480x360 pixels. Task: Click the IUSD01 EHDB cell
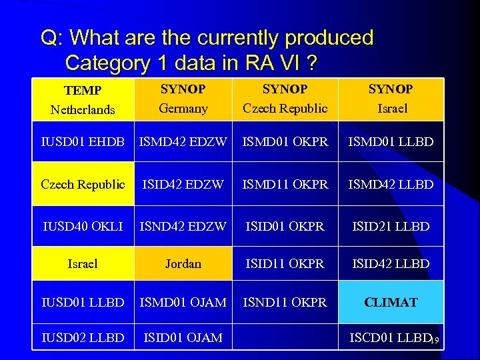coord(83,141)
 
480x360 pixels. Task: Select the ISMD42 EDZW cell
coord(183,141)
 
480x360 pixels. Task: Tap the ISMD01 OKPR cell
coord(285,141)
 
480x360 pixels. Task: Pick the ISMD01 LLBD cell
coord(391,141)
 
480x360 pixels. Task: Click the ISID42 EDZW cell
coord(183,184)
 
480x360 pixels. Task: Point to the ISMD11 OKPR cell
coord(285,184)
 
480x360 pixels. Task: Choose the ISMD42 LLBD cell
coord(391,184)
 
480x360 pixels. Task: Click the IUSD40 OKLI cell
coord(83,227)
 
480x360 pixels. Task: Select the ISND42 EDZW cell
coord(183,227)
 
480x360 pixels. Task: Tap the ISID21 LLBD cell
coord(391,227)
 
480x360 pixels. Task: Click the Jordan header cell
coord(183,264)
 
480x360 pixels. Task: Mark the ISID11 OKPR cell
coord(285,264)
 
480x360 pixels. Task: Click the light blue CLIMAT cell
coord(391,302)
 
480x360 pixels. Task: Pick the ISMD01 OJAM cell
coord(183,302)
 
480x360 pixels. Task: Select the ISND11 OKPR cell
coord(285,302)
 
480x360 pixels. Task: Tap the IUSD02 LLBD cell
coord(83,338)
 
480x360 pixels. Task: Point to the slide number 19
coord(433,341)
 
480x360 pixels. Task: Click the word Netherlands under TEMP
coord(83,110)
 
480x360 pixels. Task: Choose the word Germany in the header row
coord(183,108)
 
